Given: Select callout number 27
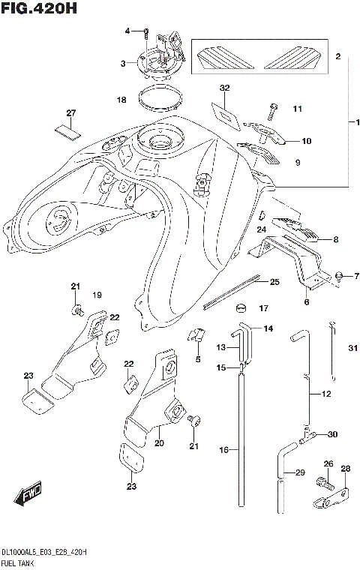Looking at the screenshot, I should (71, 113).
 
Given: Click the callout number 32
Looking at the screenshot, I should (224, 88).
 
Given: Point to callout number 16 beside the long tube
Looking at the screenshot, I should (223, 449).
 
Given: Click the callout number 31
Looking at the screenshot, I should (352, 346).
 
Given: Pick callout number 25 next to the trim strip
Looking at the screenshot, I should (274, 282).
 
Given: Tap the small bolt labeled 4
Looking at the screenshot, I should (145, 31).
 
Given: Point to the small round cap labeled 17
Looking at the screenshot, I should (241, 307).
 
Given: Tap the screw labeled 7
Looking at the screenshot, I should (340, 277).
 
